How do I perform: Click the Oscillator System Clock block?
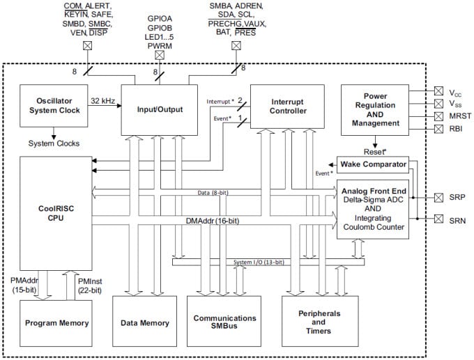pyautogui.click(x=53, y=107)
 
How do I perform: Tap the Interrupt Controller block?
pyautogui.click(x=286, y=107)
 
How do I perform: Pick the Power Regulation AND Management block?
pyautogui.click(x=375, y=109)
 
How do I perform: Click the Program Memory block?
pyautogui.click(x=56, y=323)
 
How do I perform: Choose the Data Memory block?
pyautogui.click(x=145, y=323)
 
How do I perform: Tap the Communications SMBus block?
pyautogui.click(x=224, y=323)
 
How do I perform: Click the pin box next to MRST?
pyautogui.click(x=438, y=115)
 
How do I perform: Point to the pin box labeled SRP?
pyautogui.click(x=438, y=197)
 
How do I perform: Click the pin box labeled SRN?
pyautogui.click(x=438, y=220)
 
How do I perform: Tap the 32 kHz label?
pyautogui.click(x=104, y=100)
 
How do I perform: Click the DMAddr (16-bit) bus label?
pyautogui.click(x=213, y=221)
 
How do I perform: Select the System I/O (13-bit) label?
pyautogui.click(x=259, y=262)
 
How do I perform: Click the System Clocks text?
pyautogui.click(x=53, y=143)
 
